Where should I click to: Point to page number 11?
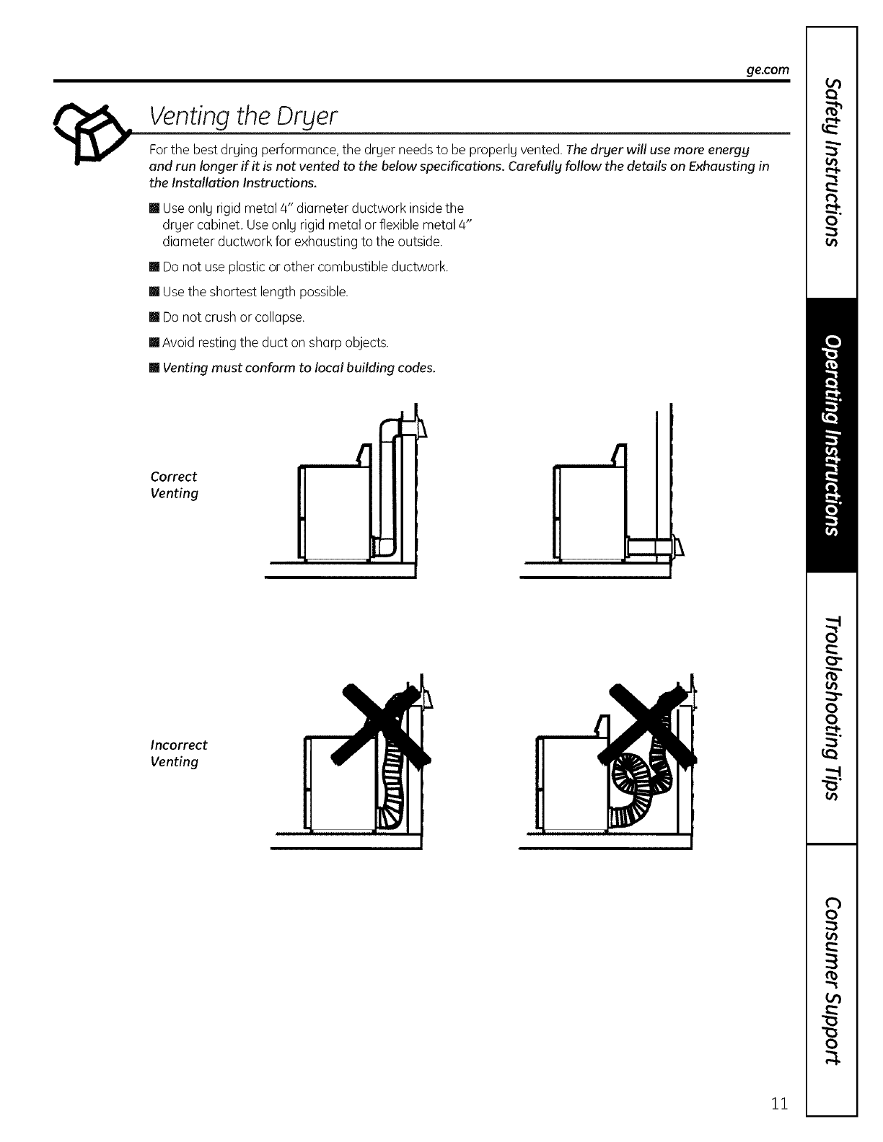pos(778,1103)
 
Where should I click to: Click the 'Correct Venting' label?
pos(174,485)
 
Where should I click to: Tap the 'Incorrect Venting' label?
pos(178,753)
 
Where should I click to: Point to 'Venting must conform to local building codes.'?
pos(299,368)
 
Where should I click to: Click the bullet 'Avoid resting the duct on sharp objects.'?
pos(275,342)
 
